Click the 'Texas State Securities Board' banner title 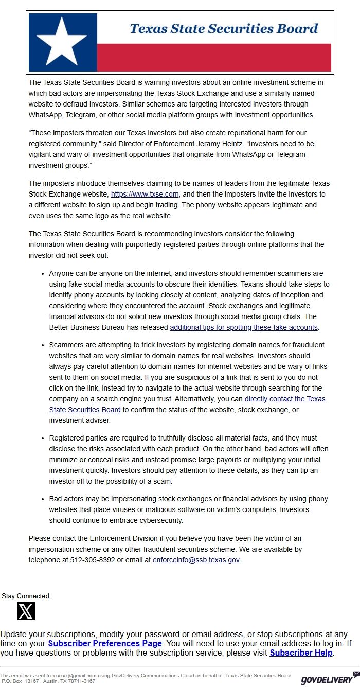[x=224, y=29]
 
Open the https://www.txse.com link [x=145, y=194]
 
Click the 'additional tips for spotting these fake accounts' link [x=244, y=327]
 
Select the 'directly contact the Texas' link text [x=285, y=399]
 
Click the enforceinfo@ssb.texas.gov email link [x=196, y=560]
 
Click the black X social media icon [x=26, y=611]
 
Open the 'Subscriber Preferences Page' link [x=105, y=643]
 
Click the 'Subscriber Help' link [x=301, y=653]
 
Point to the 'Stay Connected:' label [x=26, y=596]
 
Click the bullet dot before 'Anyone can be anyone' [x=43, y=274]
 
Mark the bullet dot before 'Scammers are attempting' [x=43, y=345]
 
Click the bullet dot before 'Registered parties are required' [x=43, y=438]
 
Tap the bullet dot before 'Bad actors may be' [x=43, y=499]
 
